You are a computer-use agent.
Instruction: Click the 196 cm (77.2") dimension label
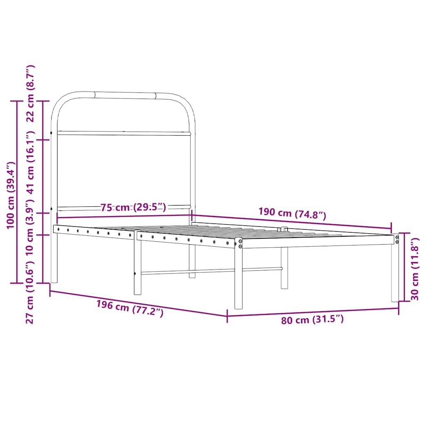[x=130, y=308]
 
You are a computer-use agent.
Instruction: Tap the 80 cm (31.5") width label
[x=312, y=320]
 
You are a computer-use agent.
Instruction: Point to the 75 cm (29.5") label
[x=133, y=208]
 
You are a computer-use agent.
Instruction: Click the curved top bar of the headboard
[x=125, y=95]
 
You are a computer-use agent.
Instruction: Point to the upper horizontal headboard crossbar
[x=123, y=133]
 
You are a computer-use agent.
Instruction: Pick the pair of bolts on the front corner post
[x=240, y=243]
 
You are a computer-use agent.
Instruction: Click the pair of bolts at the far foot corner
[x=396, y=239]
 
